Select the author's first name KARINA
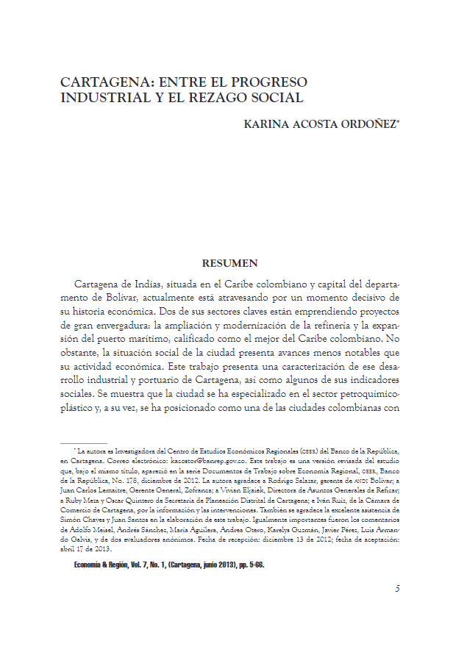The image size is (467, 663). tap(267, 125)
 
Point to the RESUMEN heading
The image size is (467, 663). tap(229, 262)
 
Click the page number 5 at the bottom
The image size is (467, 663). tap(397, 588)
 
